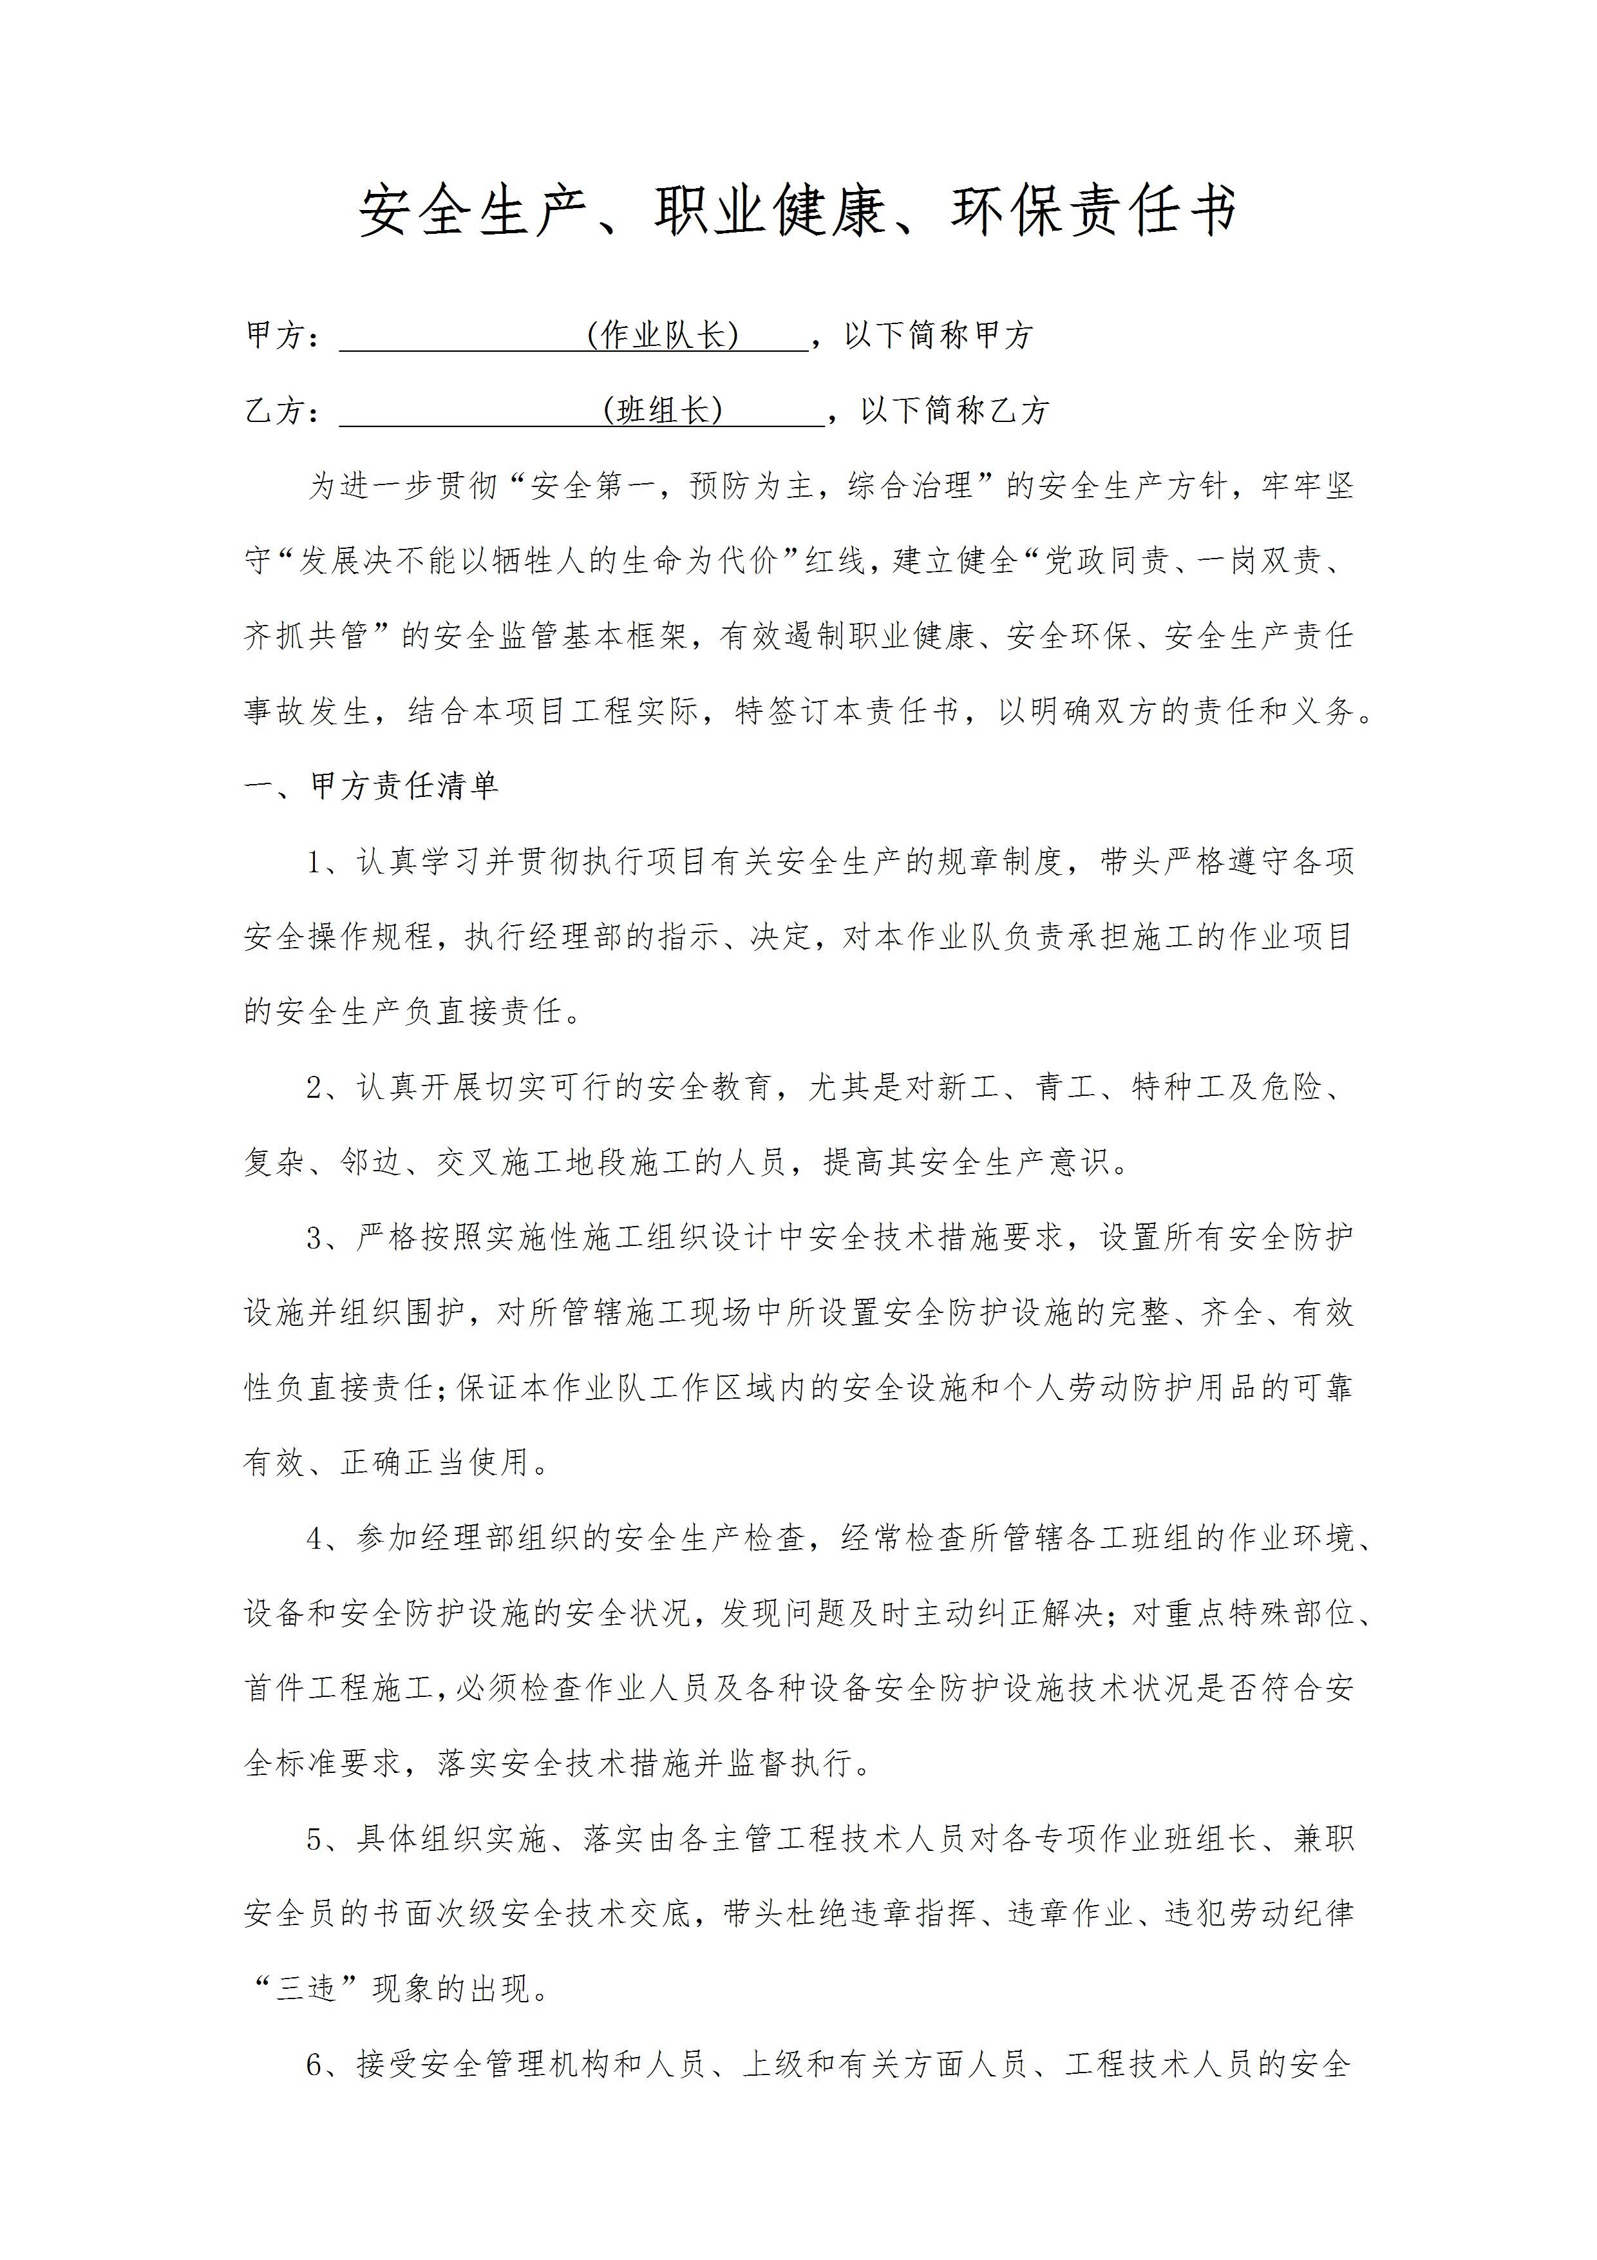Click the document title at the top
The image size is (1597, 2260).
[798, 211]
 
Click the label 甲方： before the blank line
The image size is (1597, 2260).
[283, 336]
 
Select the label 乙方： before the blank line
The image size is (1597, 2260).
[283, 410]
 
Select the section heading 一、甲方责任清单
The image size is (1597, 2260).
[372, 785]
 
